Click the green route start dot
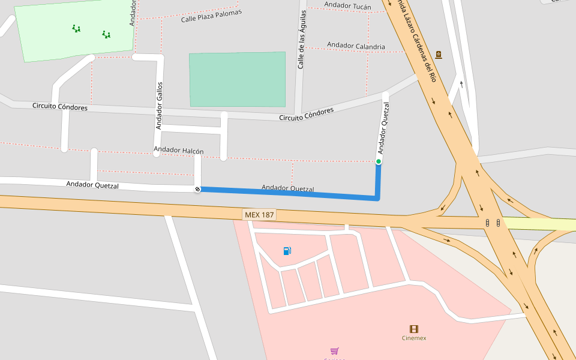(x=379, y=161)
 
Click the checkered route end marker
(x=197, y=190)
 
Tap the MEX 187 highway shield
(x=259, y=214)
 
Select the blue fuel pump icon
(x=287, y=251)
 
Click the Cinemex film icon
(x=414, y=329)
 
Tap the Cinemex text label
(x=414, y=338)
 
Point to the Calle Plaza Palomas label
(x=211, y=16)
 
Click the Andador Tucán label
(x=347, y=6)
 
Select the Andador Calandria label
(x=356, y=46)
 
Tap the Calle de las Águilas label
(x=302, y=39)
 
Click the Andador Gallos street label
(x=160, y=106)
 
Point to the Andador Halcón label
(x=179, y=150)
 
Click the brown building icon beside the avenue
(x=439, y=55)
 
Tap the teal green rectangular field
(x=238, y=79)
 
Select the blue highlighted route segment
(x=288, y=193)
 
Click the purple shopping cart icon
(x=334, y=351)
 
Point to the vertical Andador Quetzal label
(x=383, y=128)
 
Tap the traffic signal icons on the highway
(x=493, y=223)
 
